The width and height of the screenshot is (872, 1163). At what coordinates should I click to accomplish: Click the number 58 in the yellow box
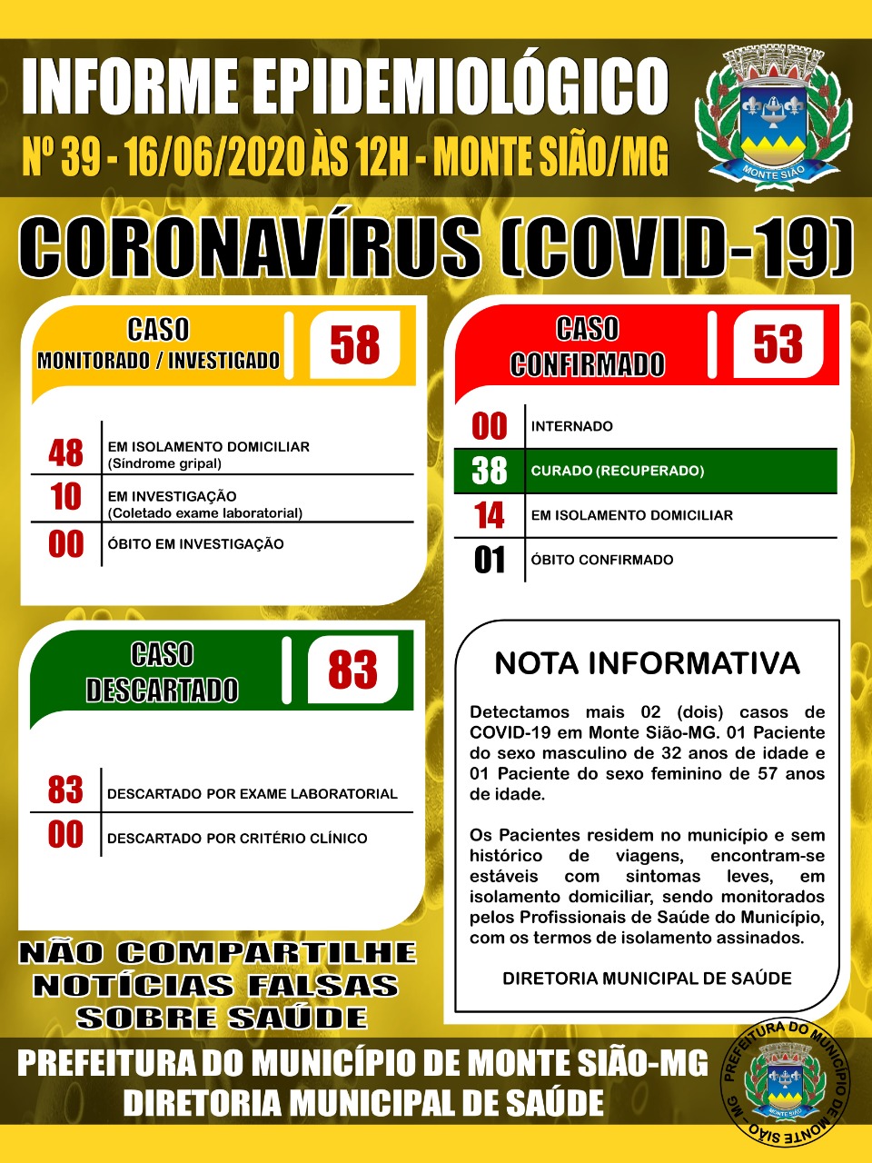click(x=354, y=344)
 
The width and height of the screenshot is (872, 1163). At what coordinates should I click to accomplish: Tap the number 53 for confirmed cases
click(x=778, y=343)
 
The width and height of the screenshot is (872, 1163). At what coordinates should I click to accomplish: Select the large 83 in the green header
click(x=352, y=671)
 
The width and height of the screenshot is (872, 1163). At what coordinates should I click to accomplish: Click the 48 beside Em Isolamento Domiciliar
click(x=65, y=452)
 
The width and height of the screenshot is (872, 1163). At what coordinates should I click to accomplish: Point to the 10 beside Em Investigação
click(x=65, y=497)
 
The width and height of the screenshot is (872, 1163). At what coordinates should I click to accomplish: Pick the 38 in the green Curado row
click(x=489, y=471)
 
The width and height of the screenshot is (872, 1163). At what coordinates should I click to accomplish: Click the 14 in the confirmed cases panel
click(x=489, y=515)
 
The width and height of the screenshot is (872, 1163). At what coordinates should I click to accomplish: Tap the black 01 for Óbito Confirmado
click(x=489, y=560)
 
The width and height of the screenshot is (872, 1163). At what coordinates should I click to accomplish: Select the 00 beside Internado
click(x=489, y=426)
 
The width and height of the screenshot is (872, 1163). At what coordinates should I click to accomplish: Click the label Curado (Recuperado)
click(x=618, y=471)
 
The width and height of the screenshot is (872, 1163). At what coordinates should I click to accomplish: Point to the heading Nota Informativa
click(x=647, y=663)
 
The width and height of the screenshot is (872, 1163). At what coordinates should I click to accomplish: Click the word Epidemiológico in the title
click(x=461, y=87)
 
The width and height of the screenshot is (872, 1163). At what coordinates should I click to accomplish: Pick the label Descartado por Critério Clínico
click(x=237, y=839)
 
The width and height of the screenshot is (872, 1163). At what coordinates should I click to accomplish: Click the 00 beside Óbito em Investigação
click(x=65, y=544)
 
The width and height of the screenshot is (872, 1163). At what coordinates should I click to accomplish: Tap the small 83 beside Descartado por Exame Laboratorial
click(x=65, y=790)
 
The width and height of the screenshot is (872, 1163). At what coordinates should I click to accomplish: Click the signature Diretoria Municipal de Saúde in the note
click(x=647, y=979)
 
